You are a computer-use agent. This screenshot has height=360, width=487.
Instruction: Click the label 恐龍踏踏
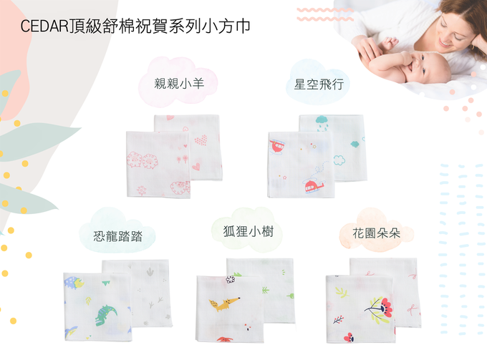(x=117, y=235)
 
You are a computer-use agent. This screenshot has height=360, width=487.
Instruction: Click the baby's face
(x=434, y=69)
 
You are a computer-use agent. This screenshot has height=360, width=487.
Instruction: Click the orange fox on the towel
(x=223, y=303)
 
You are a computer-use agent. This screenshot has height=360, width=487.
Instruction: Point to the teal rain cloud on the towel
(x=322, y=122)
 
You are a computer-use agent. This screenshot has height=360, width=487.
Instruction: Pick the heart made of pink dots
(x=201, y=140)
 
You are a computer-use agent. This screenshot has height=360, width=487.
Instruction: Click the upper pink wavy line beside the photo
(x=325, y=10)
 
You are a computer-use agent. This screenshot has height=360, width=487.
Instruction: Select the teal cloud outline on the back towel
(x=354, y=143)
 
